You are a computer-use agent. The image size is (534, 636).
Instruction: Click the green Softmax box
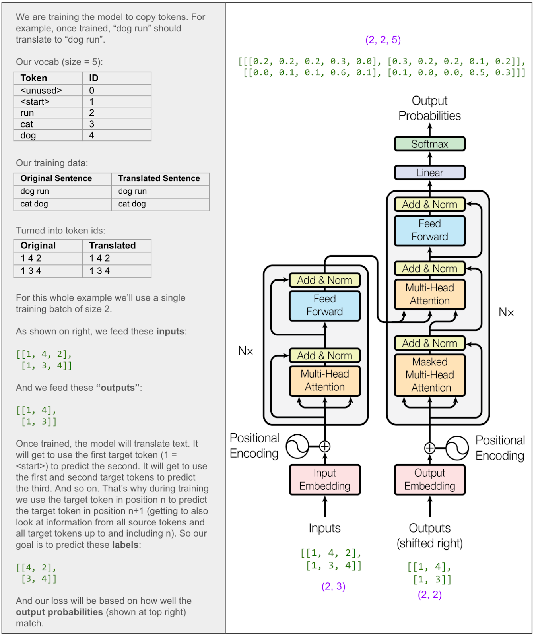click(x=429, y=144)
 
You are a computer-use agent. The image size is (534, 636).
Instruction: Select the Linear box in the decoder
click(x=429, y=173)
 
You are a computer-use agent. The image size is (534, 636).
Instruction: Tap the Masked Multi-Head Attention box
click(x=429, y=375)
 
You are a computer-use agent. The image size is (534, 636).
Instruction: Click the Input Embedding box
click(x=324, y=480)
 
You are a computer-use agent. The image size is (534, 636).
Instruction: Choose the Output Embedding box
click(x=429, y=480)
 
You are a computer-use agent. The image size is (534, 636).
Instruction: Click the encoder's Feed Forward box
click(x=324, y=305)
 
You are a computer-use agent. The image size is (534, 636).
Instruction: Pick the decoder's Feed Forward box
click(x=429, y=231)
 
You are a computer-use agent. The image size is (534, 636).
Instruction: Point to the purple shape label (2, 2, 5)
click(x=383, y=40)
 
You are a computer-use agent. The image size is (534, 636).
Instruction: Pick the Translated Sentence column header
click(x=159, y=178)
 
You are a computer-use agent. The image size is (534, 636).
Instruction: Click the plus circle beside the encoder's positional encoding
click(x=325, y=446)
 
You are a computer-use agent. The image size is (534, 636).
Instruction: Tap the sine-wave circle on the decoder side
click(x=457, y=448)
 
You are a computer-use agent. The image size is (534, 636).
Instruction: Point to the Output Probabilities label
click(x=429, y=108)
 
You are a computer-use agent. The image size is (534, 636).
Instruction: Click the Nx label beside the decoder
click(x=506, y=312)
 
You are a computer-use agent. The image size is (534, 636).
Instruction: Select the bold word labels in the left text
click(x=125, y=545)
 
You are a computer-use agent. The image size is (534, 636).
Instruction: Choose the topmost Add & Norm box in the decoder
click(x=429, y=205)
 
